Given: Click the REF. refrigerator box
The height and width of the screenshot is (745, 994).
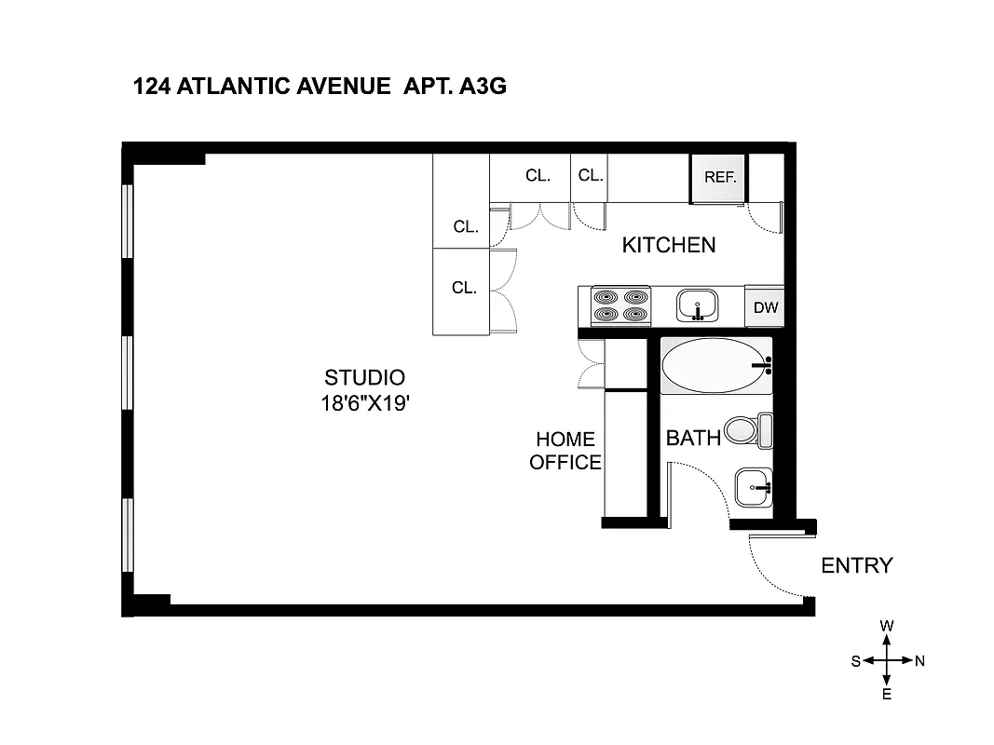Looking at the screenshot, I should click(719, 178).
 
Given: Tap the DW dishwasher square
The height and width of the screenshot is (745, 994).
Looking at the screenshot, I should click(765, 307).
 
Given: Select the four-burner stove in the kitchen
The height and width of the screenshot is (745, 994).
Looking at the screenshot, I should click(620, 305).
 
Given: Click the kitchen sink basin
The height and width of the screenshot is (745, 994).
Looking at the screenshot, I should click(697, 305).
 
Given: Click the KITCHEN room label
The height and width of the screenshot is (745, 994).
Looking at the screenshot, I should click(669, 245).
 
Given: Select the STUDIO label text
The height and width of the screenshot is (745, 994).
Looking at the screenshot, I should click(364, 378).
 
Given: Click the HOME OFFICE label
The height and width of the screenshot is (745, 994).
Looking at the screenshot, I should click(565, 451).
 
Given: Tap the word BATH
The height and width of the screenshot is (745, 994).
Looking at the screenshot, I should click(693, 438).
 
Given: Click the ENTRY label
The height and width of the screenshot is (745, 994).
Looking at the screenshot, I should click(856, 565).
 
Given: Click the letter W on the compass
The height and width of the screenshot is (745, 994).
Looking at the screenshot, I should click(887, 627).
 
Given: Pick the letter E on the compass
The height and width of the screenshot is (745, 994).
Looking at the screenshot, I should click(887, 695).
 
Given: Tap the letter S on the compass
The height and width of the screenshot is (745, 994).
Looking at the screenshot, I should click(855, 661).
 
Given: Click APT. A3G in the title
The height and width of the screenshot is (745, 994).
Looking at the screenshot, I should click(455, 88).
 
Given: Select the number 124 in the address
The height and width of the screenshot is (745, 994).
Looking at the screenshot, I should click(152, 88).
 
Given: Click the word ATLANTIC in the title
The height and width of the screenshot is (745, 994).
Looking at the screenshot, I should click(236, 88).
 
